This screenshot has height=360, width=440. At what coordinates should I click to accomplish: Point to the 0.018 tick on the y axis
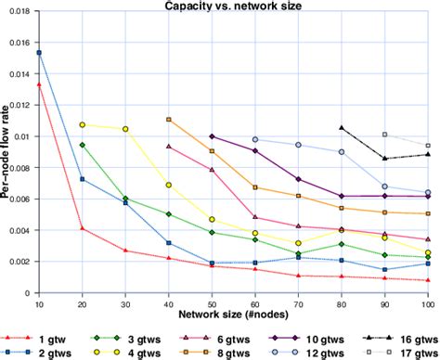pyautogui.click(x=21, y=10)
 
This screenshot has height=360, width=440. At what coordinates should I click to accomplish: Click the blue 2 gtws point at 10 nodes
pyautogui.click(x=39, y=53)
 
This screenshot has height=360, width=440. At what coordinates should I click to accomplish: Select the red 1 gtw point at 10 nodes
pyautogui.click(x=39, y=84)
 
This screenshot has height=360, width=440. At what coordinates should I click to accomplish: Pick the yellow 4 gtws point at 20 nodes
pyautogui.click(x=83, y=124)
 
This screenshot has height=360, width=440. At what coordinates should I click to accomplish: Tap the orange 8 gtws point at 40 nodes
pyautogui.click(x=169, y=120)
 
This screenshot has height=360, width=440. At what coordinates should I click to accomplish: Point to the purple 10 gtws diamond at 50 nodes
pyautogui.click(x=213, y=136)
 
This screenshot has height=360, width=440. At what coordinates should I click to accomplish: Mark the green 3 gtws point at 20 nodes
pyautogui.click(x=83, y=145)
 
